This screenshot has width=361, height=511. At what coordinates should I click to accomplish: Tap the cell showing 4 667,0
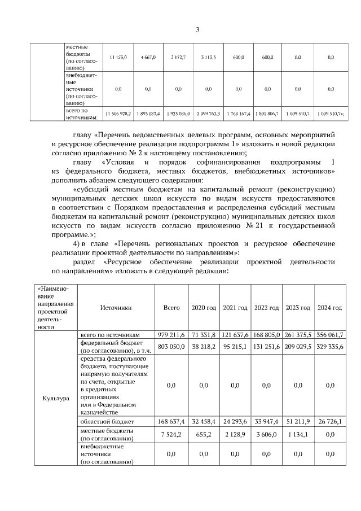point(148,58)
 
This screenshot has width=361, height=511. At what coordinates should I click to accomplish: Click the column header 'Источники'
point(116,308)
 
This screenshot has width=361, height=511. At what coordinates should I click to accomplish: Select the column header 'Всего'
point(171,308)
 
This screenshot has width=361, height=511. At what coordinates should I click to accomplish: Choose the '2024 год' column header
point(330,308)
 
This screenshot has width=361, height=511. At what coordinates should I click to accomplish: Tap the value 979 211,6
point(171,335)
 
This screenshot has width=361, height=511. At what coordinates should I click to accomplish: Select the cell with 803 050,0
point(171,346)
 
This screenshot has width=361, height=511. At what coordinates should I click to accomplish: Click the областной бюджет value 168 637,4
point(171,421)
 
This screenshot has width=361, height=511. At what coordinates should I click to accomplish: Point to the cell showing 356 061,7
point(330,335)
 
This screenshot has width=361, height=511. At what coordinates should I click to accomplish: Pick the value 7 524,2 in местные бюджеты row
point(171,434)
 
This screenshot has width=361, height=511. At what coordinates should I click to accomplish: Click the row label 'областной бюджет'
point(107,421)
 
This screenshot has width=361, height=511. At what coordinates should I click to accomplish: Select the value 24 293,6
point(235,421)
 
